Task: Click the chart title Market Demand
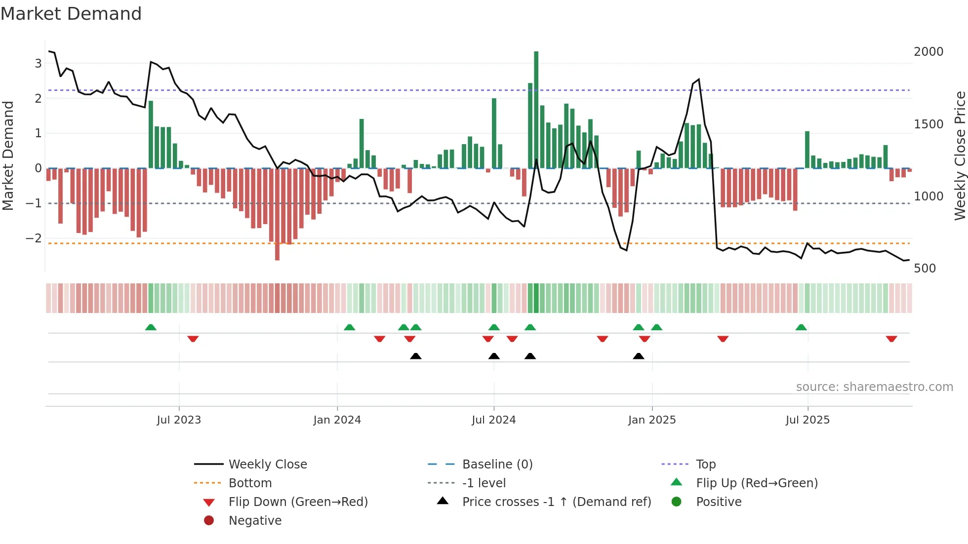(71, 14)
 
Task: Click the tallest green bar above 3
(536, 110)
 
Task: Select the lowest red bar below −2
(277, 214)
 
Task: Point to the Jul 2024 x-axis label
(493, 420)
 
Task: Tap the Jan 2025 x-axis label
(651, 420)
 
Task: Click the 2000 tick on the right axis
(928, 52)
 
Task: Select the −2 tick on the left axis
(34, 238)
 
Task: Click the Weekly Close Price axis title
(960, 155)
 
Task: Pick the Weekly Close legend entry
(267, 465)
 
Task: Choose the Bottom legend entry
(250, 483)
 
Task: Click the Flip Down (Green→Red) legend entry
(298, 502)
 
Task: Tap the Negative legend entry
(255, 521)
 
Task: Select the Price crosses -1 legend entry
(556, 502)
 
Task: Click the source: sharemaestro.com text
(874, 387)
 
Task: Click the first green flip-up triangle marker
(151, 327)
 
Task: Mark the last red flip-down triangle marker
(891, 339)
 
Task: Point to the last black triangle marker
(638, 356)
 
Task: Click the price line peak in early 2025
(698, 79)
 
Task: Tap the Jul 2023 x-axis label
(179, 420)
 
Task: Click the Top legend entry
(705, 465)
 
